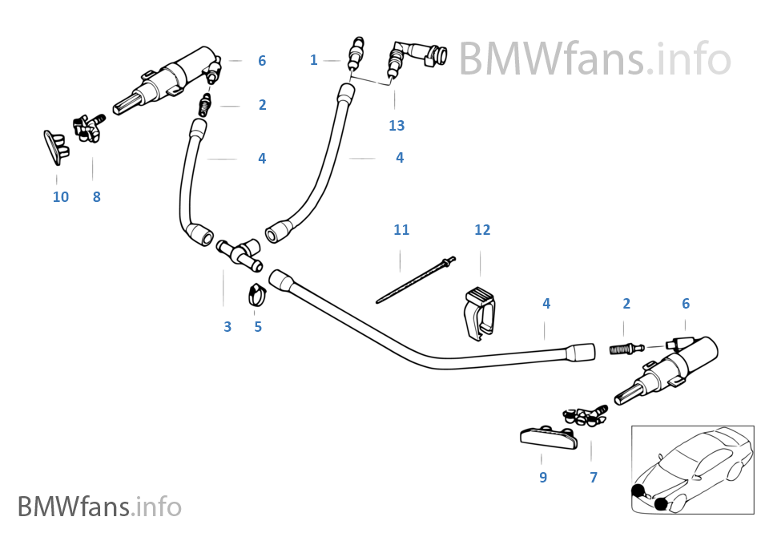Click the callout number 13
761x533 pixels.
tap(397, 125)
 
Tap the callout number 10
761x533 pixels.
tap(61, 196)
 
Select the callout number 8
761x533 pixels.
tap(97, 196)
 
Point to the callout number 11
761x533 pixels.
tap(401, 229)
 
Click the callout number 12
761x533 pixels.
tap(482, 229)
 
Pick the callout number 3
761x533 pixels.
tap(227, 327)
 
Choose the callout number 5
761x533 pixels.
tap(258, 327)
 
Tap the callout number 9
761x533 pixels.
tap(543, 477)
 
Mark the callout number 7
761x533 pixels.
tap(594, 477)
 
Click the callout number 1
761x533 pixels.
tap(313, 59)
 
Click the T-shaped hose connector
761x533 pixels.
tap(240, 252)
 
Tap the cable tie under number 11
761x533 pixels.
tap(417, 280)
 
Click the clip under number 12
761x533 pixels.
tap(480, 313)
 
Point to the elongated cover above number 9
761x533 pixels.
tap(549, 436)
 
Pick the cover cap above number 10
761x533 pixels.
tap(56, 147)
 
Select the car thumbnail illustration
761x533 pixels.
tap(693, 470)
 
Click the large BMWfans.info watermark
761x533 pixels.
tap(595, 59)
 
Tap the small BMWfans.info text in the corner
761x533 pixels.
tap(100, 507)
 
